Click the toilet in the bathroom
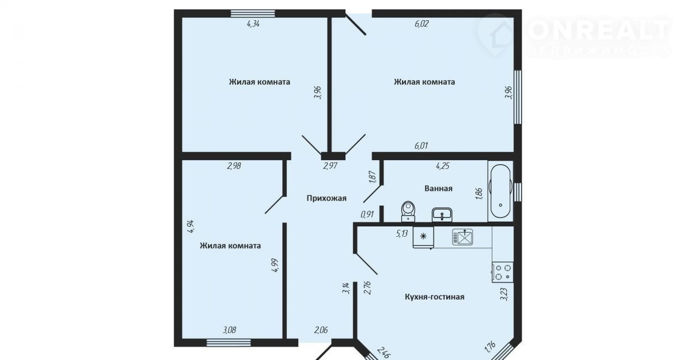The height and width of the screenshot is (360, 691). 408,211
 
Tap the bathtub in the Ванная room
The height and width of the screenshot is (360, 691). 500,191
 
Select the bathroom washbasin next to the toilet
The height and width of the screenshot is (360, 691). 442,214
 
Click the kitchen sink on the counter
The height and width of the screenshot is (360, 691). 462,237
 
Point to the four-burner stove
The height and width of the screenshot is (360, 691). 503,272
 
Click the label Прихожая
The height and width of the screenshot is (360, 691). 326,198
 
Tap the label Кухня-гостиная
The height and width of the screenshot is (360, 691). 434,297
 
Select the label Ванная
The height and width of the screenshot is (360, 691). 438,188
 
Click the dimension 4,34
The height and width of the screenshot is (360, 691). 253,24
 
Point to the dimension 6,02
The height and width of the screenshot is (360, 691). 422,24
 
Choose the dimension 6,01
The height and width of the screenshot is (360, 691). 421,145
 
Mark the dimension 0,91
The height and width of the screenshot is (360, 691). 367,214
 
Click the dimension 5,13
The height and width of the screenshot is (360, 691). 402,233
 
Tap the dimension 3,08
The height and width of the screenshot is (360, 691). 229,330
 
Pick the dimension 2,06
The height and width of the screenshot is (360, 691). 321,330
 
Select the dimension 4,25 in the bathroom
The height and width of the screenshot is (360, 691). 442,166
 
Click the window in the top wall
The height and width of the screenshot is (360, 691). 253,13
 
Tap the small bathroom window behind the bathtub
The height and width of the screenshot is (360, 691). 518,191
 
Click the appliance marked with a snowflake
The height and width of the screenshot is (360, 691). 423,237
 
